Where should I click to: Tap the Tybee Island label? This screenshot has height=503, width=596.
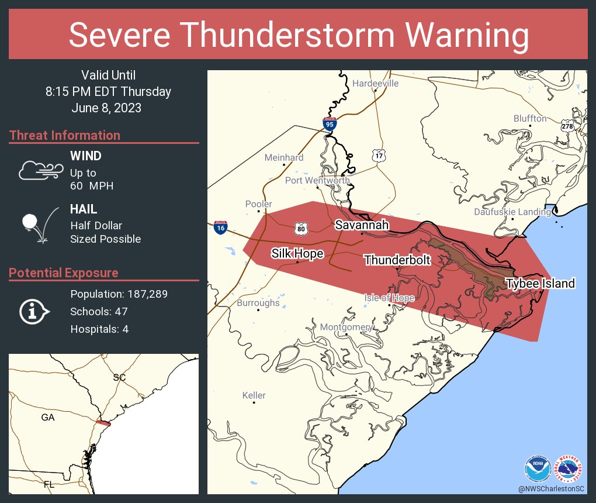click(x=540, y=284)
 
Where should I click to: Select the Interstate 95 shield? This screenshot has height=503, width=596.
click(x=329, y=123)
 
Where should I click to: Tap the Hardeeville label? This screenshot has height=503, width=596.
click(x=375, y=84)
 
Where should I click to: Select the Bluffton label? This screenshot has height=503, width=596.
click(x=530, y=119)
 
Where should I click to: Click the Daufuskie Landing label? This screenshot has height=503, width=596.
click(x=512, y=212)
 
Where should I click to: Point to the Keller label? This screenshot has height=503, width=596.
click(x=254, y=395)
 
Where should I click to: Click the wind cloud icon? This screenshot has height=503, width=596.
click(x=37, y=170)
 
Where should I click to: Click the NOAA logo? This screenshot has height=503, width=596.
click(x=538, y=468)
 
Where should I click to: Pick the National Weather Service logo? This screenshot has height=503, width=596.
click(x=570, y=468)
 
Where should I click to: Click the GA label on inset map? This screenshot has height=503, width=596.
click(x=48, y=418)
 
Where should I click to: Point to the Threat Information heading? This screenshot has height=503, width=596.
click(x=65, y=135)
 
